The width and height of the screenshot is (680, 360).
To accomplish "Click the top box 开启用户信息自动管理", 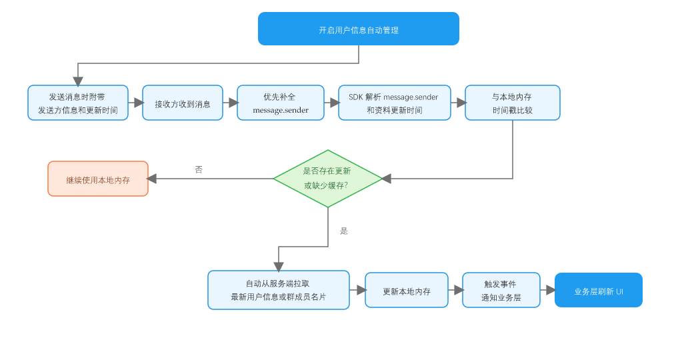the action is (x=358, y=29).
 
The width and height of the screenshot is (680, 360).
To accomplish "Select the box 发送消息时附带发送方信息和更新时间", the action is (x=78, y=103).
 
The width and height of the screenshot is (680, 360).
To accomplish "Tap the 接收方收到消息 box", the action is (x=183, y=103).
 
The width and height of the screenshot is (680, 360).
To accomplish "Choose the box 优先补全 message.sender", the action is (x=281, y=103).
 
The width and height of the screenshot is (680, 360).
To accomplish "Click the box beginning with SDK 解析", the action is (x=394, y=103).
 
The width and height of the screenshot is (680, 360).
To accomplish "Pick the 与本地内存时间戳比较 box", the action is (x=513, y=103).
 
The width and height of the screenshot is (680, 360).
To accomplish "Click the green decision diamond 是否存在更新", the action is (x=328, y=179).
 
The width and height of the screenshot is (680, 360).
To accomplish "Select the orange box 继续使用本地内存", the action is (x=98, y=179).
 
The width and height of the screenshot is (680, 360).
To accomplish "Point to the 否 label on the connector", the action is (x=199, y=169).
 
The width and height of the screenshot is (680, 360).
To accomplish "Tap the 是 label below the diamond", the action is (x=344, y=231).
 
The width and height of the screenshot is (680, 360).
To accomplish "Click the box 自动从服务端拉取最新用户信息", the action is (x=279, y=290).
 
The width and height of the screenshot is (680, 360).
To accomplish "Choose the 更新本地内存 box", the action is (x=407, y=290).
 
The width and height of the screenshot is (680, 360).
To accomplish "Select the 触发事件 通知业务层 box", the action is (x=501, y=290).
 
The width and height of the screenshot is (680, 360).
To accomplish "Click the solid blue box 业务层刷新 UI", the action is (x=599, y=290).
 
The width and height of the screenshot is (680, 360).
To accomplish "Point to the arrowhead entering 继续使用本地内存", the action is (x=152, y=179).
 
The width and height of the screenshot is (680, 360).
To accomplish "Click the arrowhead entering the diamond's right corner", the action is (x=386, y=179).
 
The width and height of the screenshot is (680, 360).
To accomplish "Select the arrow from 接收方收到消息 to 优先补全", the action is (x=231, y=103).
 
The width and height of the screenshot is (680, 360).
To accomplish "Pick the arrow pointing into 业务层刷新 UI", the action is (x=548, y=290).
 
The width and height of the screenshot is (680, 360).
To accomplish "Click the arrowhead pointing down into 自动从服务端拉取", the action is (x=279, y=267).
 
